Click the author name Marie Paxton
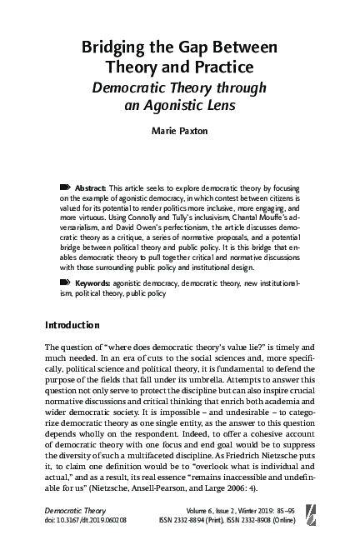point(180,132)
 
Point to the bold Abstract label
point(91,189)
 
